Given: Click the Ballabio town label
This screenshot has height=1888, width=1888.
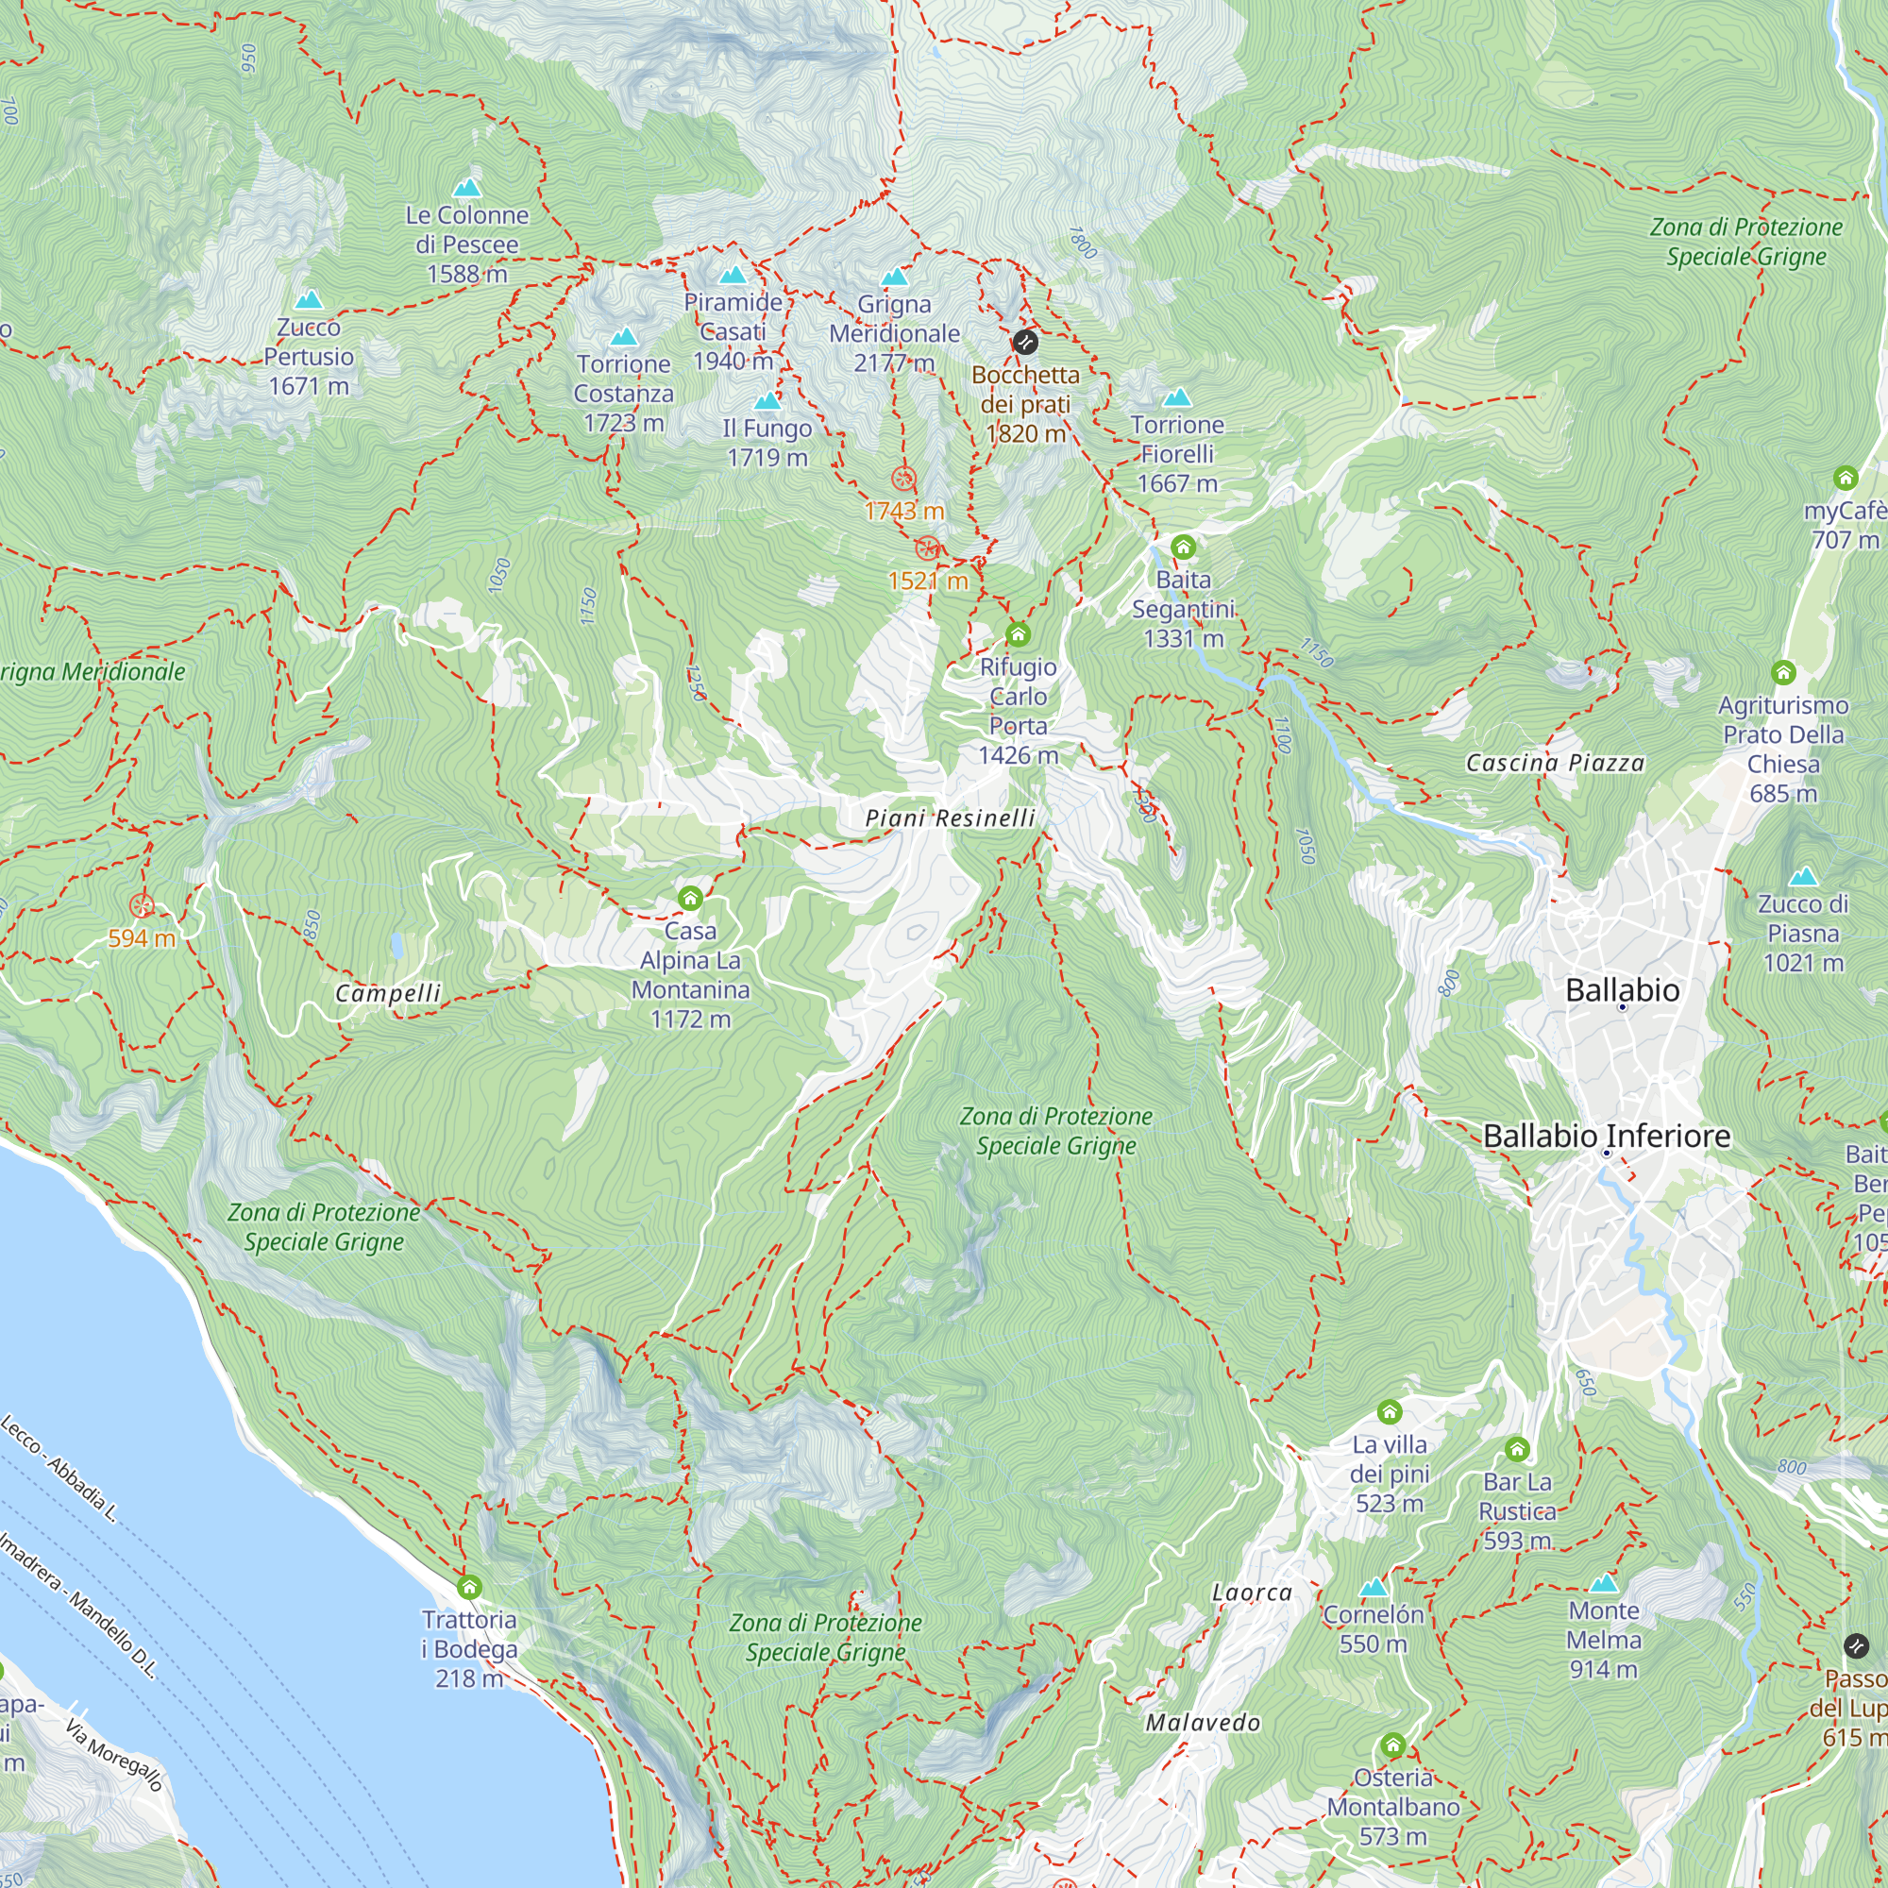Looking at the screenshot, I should coord(1622,990).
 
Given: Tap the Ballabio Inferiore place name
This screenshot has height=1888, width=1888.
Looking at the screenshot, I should coord(1607,1136).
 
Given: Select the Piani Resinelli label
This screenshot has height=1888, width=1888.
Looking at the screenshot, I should coord(950,818).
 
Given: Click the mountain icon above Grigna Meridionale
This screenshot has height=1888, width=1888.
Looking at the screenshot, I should coord(894,278).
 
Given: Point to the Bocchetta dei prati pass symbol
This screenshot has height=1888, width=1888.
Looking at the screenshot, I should coord(1024,342).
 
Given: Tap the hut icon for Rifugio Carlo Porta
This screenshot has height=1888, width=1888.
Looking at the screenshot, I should coord(1018,635).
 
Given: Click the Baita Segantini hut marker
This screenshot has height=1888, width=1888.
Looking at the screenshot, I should coord(1183,548).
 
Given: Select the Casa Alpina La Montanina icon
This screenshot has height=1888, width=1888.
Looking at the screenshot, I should coord(690,898).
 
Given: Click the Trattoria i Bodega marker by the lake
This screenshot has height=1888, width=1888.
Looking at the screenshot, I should coord(469,1587).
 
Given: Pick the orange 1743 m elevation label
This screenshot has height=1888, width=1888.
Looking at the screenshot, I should coord(904,511).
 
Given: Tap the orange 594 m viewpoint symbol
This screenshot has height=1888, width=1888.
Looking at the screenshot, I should coord(143,906).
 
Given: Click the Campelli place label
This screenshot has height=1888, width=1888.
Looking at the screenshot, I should coord(388,994).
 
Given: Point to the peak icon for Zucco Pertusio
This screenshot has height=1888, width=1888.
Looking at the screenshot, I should coord(309,299).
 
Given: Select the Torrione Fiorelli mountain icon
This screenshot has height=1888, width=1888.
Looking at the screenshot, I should coord(1176,397).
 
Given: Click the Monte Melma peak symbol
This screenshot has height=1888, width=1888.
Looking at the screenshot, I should coord(1603,1583).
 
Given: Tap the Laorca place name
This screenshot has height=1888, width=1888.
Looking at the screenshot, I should coord(1252,1593).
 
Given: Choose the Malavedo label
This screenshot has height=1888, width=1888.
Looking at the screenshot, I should coord(1202,1723).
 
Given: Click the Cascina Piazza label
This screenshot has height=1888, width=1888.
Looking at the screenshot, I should coord(1555,763).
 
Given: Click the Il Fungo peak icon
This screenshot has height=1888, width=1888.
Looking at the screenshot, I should coord(767,401).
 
